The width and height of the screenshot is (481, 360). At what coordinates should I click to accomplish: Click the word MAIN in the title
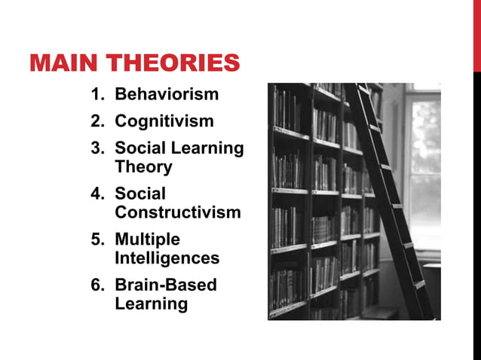(63, 63)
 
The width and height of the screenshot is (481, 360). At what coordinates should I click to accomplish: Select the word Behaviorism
(167, 95)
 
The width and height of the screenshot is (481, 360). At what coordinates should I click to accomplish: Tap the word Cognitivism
(164, 121)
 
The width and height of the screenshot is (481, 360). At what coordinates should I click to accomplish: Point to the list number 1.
(97, 95)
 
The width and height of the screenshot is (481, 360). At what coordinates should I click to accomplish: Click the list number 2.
(97, 121)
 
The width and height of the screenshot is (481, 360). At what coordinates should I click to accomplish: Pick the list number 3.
(97, 148)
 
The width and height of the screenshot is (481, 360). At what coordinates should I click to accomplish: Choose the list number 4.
(97, 194)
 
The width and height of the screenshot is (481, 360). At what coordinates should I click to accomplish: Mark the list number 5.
(97, 239)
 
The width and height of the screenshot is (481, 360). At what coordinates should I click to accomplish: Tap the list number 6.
(97, 285)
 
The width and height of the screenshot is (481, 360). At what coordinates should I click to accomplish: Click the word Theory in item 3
(143, 167)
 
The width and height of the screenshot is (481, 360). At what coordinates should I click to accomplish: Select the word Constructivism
(178, 212)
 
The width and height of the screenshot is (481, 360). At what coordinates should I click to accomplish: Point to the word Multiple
(147, 239)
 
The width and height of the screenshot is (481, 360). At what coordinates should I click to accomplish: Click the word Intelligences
(167, 258)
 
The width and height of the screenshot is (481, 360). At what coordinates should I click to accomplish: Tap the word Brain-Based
(165, 285)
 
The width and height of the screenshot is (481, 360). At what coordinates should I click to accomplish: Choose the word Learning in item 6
(151, 304)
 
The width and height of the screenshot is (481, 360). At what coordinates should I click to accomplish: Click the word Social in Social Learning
(140, 148)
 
